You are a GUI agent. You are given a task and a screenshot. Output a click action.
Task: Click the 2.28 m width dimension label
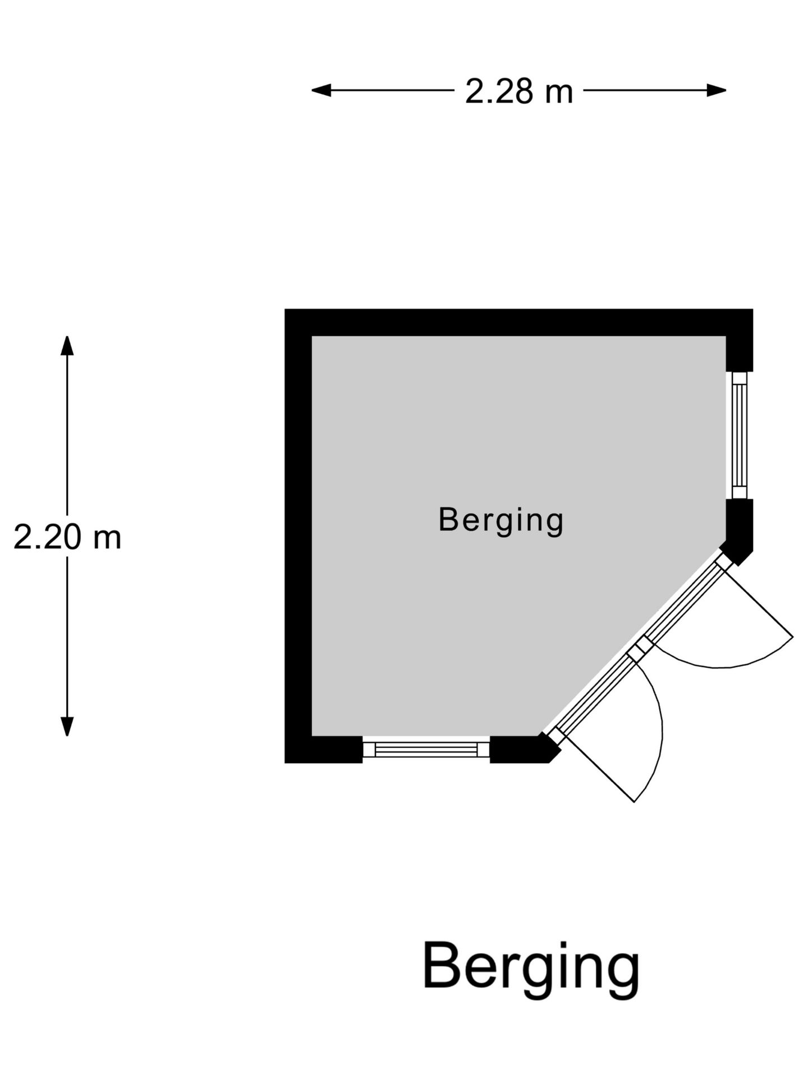point(519,91)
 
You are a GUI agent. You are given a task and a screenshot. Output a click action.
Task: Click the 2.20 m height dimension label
point(67,537)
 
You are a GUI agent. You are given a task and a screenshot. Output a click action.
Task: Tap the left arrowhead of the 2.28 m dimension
point(321,90)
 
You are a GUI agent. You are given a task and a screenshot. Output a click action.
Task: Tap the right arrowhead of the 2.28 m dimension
point(717,90)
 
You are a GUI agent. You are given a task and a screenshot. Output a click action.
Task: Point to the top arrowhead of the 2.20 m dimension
point(67,345)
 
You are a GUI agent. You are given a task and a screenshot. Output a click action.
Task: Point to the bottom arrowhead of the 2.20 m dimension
point(67,727)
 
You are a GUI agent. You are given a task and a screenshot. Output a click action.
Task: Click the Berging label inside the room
point(501,520)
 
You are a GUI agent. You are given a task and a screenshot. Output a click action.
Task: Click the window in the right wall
point(740,435)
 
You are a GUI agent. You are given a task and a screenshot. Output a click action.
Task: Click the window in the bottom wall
point(426,749)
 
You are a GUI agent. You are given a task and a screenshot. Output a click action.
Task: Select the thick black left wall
point(298,536)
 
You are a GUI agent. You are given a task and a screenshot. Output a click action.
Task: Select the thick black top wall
point(518,322)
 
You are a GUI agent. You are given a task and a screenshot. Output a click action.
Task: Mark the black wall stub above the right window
point(740,354)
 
